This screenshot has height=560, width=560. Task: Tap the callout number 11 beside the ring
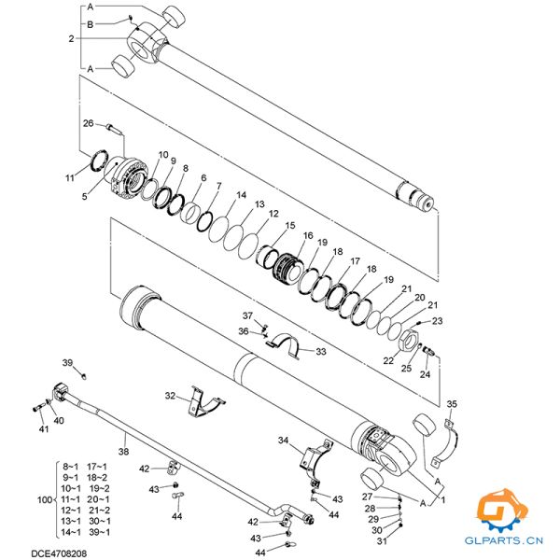[69, 177]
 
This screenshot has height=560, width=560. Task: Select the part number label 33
[320, 352]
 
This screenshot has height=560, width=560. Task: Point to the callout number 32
[171, 396]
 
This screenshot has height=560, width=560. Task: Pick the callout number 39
[67, 362]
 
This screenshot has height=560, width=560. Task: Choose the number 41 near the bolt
[43, 428]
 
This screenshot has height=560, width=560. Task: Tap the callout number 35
[453, 403]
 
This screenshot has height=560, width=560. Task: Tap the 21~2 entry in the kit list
[101, 510]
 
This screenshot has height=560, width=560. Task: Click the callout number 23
[438, 322]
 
